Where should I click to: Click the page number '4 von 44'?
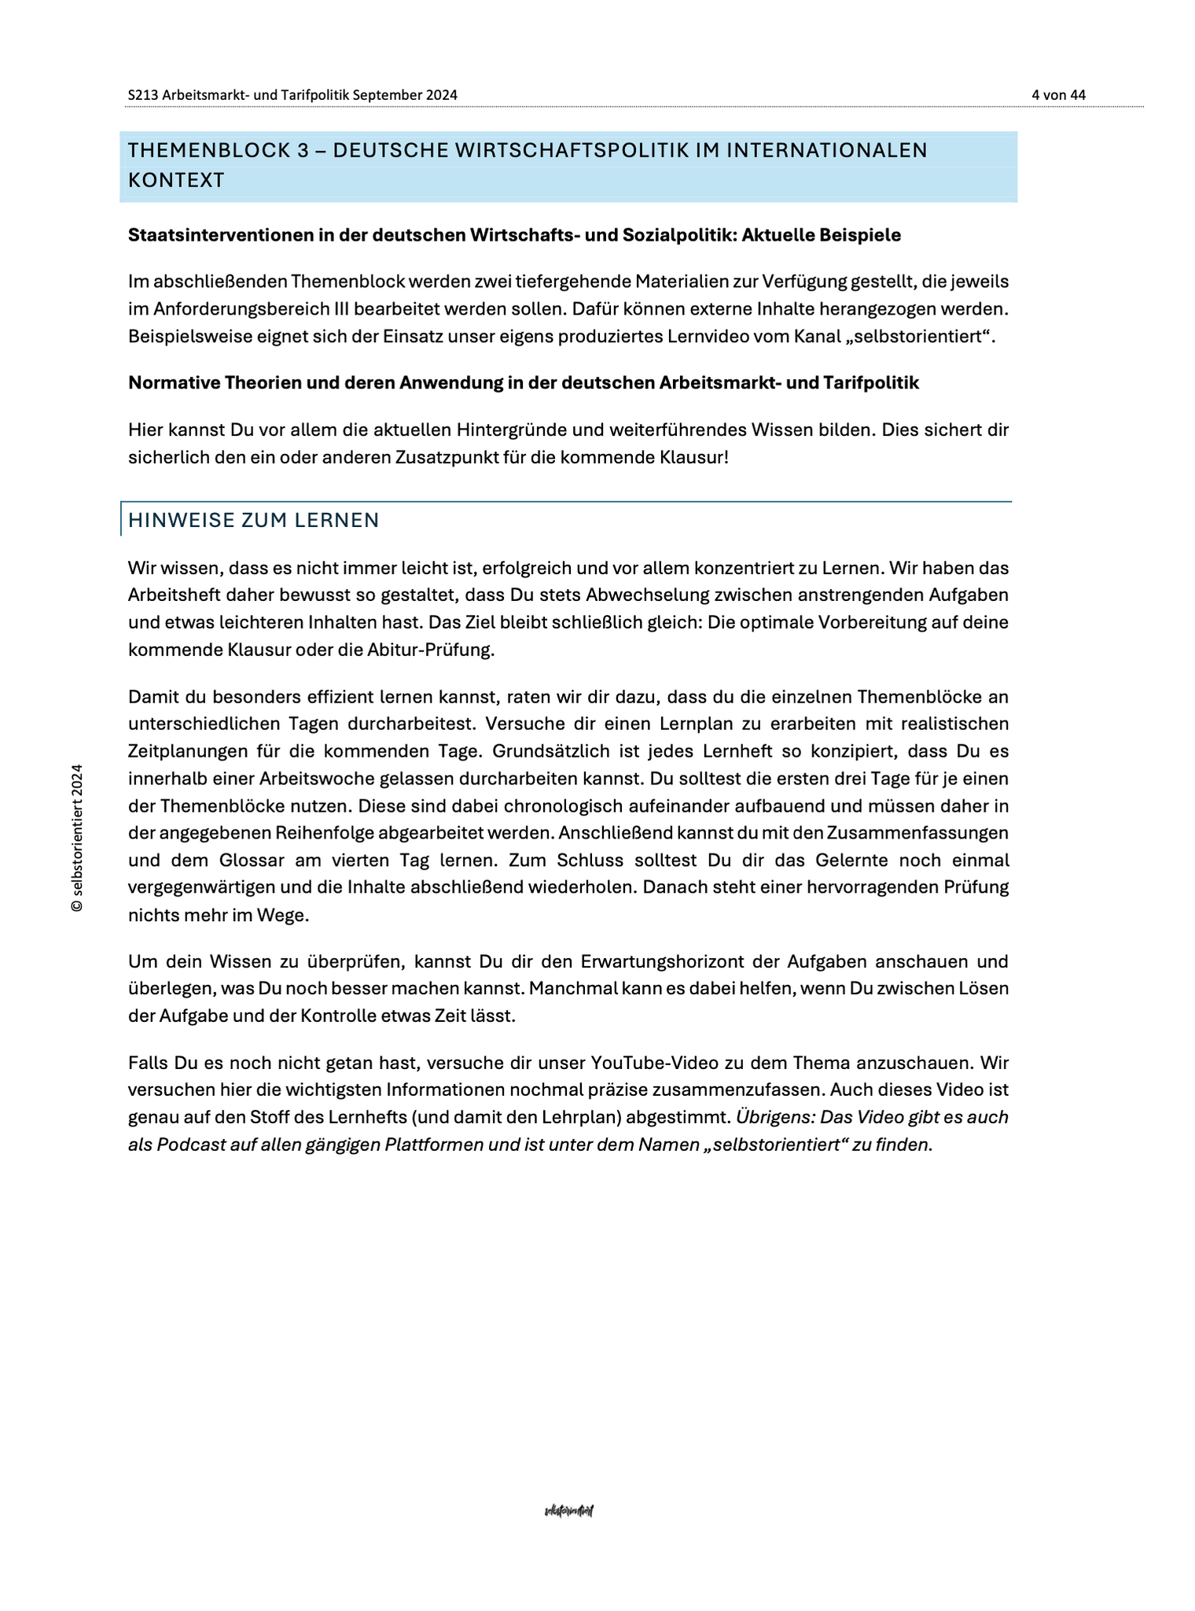(x=1058, y=95)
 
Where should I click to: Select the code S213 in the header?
(x=143, y=95)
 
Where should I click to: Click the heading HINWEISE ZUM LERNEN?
(x=253, y=521)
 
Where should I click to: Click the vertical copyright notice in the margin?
(x=76, y=838)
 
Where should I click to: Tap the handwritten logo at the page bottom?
(x=569, y=1511)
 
